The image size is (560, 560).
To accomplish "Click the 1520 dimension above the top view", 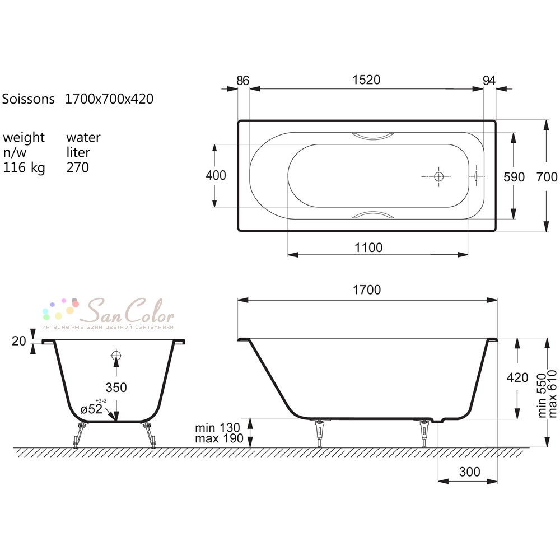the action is (366, 80).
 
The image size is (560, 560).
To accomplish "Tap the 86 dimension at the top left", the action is (243, 80).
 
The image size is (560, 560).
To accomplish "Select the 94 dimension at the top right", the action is (489, 80).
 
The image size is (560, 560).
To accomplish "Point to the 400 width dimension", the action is (216, 175).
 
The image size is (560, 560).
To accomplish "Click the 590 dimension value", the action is (514, 177).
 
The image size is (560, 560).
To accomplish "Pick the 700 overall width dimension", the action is (547, 177).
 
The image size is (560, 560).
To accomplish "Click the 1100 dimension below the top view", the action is (368, 248).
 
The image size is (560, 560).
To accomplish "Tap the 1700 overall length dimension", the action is (367, 290).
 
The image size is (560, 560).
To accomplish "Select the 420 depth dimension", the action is (517, 377).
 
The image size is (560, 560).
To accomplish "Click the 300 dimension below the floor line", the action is (470, 472).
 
